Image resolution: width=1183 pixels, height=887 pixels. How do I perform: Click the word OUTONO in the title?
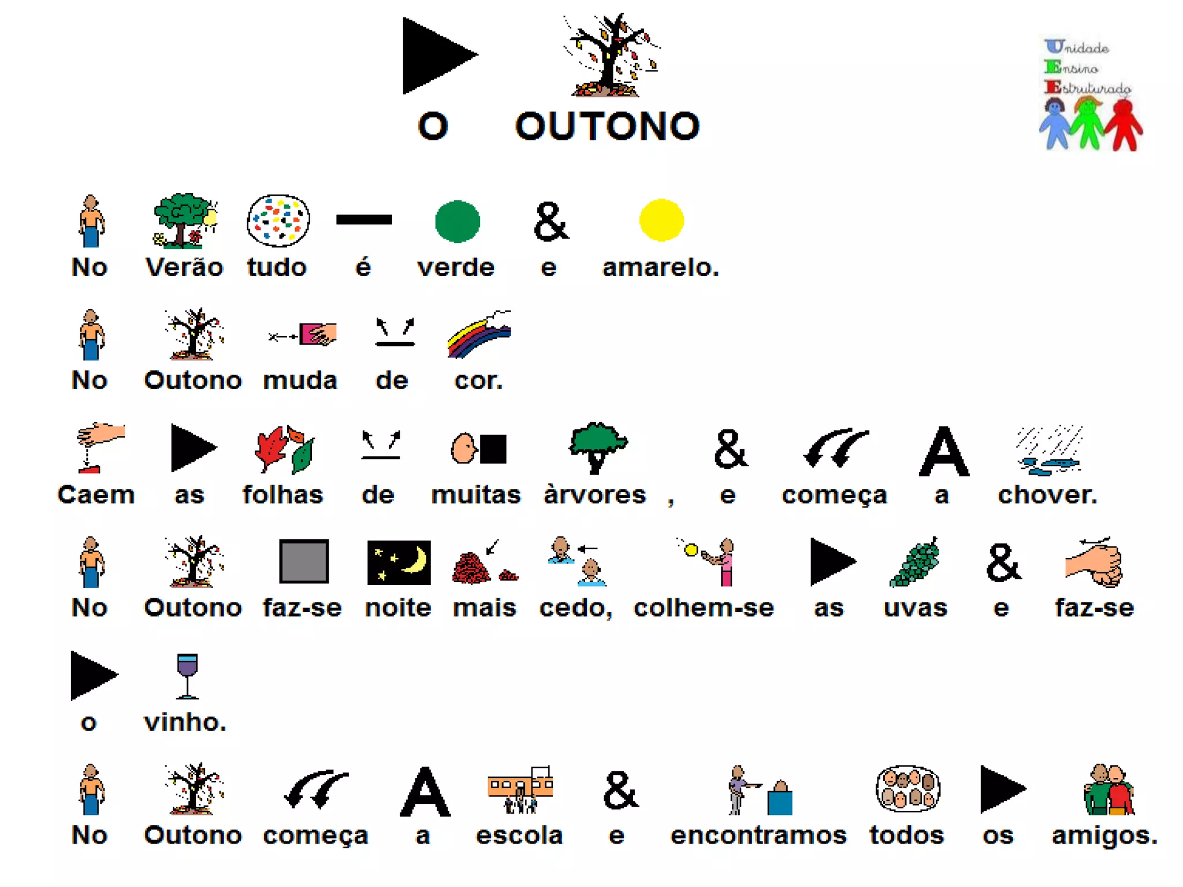607,126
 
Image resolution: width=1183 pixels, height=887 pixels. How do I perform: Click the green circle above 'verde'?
457,221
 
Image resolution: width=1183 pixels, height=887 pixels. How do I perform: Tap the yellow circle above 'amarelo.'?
661,220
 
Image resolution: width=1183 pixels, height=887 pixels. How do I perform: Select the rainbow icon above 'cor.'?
479,334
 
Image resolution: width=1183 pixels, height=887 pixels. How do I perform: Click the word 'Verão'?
184,267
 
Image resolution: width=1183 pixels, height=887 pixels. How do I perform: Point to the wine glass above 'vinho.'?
187,675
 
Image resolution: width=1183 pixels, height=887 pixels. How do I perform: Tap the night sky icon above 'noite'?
399,562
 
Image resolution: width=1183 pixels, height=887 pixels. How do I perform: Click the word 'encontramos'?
758,835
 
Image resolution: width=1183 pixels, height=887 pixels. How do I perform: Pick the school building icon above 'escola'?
520,789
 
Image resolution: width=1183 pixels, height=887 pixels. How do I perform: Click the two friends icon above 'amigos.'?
1108,790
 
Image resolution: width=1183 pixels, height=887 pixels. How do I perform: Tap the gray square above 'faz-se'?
304,561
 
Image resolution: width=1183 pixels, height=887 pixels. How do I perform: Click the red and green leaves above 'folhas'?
284,449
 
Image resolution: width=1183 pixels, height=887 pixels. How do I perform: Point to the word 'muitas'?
476,495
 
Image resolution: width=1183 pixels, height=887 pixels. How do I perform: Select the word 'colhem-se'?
704,608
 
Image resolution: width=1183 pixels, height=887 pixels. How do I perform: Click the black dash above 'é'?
364,219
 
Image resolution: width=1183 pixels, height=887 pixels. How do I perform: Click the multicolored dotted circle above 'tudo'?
278,221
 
